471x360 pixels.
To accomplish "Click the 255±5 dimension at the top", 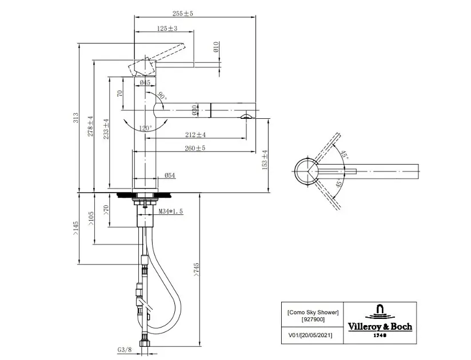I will pos(182,13).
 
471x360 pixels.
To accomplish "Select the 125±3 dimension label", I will pos(166,28).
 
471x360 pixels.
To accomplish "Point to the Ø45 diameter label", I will pos(145,83).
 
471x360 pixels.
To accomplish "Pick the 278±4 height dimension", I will pos(89,126).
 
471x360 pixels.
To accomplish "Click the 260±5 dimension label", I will pos(195,148).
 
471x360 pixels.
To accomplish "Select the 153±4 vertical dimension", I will pos(265,160).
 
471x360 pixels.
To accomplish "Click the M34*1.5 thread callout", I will pos(170,211).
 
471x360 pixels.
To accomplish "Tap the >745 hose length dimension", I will pos(195,269).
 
